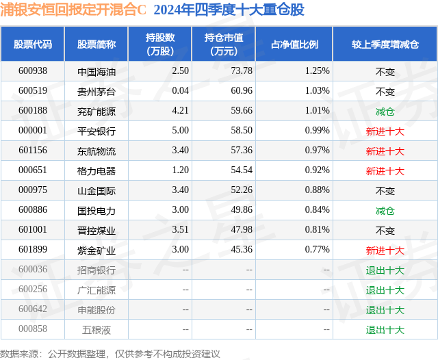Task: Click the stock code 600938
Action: pyautogui.click(x=33, y=70)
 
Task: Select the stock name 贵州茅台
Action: pyautogui.click(x=96, y=91)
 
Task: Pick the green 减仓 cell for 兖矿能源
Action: pyautogui.click(x=385, y=111)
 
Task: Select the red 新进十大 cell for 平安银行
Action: pyautogui.click(x=385, y=131)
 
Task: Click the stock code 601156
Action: pyautogui.click(x=33, y=151)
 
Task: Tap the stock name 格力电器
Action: pyautogui.click(x=96, y=170)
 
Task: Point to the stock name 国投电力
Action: pyautogui.click(x=96, y=210)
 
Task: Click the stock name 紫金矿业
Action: pyautogui.click(x=96, y=250)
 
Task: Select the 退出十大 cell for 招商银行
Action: pyautogui.click(x=385, y=270)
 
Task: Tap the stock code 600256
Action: pyautogui.click(x=33, y=290)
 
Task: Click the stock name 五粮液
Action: pyautogui.click(x=96, y=329)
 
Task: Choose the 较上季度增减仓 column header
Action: pyautogui.click(x=385, y=44)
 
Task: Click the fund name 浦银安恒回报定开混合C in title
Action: pyautogui.click(x=75, y=10)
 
